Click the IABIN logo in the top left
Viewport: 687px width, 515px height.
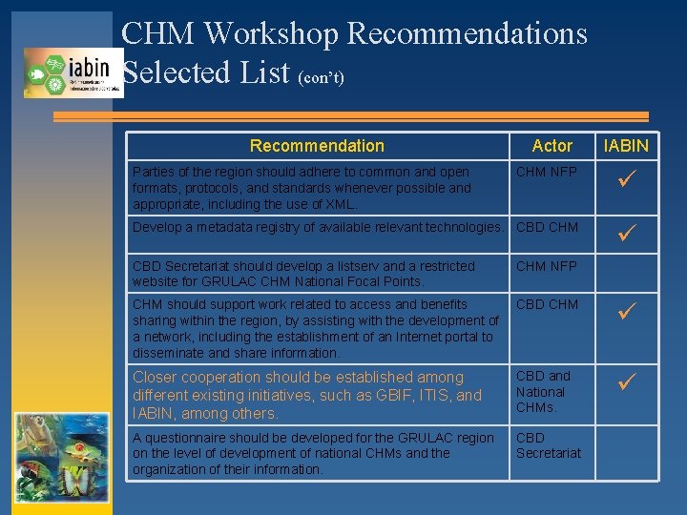(73, 72)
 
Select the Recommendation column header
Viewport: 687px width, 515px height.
(317, 146)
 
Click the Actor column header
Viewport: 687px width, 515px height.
(552, 146)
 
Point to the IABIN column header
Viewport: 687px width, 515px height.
(626, 146)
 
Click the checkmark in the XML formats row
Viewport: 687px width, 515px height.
(626, 177)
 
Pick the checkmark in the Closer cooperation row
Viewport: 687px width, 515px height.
(626, 382)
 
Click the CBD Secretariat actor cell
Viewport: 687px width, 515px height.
(549, 445)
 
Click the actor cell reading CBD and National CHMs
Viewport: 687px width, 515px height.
(544, 391)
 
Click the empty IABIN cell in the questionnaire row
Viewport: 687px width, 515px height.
(626, 453)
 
